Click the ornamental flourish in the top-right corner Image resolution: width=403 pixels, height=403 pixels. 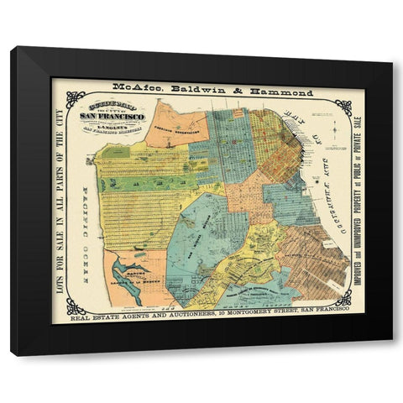click(x=342, y=106)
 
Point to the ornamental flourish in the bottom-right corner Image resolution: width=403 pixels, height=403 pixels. click(x=342, y=297)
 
